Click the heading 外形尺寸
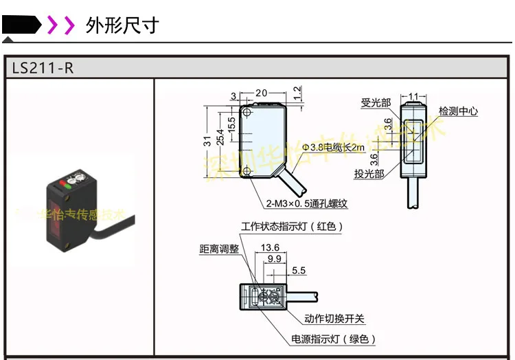122,25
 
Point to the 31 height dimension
207,141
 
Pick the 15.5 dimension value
231,124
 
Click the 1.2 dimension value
297,91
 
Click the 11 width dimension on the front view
413,95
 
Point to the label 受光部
376,103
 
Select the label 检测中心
458,111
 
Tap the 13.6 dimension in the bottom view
271,247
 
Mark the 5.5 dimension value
299,271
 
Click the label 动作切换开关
334,319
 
